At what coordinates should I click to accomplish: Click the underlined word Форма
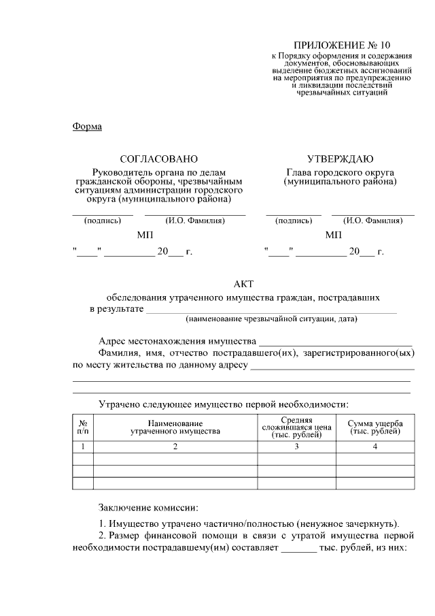(86, 127)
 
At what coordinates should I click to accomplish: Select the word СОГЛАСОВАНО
(158, 159)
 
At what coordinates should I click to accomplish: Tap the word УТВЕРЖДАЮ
(340, 159)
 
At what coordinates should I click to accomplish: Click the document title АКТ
(243, 284)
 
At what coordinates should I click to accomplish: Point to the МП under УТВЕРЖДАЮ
(334, 235)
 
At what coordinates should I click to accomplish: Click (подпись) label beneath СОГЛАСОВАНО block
(103, 221)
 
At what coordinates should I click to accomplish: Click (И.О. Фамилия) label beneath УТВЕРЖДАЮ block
(372, 221)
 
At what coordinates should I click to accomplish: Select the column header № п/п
(82, 427)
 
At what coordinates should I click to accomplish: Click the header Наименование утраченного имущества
(175, 427)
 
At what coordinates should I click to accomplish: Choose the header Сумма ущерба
(375, 427)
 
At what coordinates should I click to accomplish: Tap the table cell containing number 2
(175, 447)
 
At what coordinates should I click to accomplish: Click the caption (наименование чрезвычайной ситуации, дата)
(271, 319)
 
